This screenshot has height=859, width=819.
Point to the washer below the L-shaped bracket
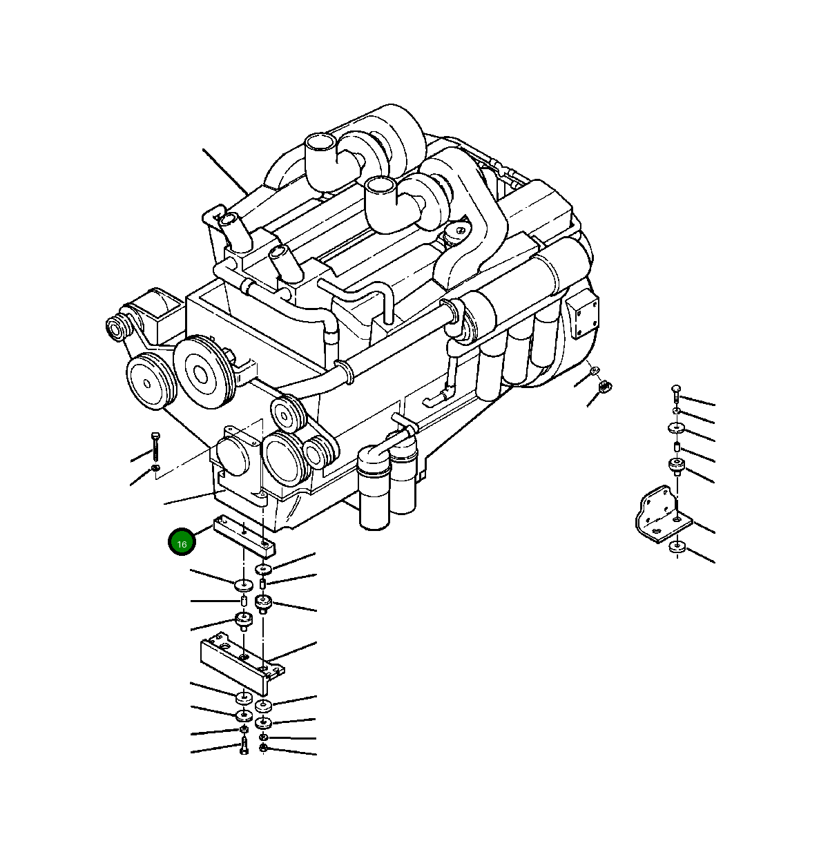[677, 548]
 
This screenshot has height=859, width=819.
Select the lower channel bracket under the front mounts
[242, 662]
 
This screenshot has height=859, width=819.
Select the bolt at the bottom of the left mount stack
[244, 747]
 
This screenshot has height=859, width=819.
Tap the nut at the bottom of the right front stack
[263, 749]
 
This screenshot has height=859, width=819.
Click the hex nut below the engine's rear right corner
[605, 386]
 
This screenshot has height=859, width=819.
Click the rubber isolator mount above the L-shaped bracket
[676, 466]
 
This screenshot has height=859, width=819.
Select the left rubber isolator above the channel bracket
[243, 620]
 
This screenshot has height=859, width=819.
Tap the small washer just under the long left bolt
[155, 469]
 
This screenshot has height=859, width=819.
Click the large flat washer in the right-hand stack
[676, 428]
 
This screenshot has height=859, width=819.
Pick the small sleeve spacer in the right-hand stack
[677, 446]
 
